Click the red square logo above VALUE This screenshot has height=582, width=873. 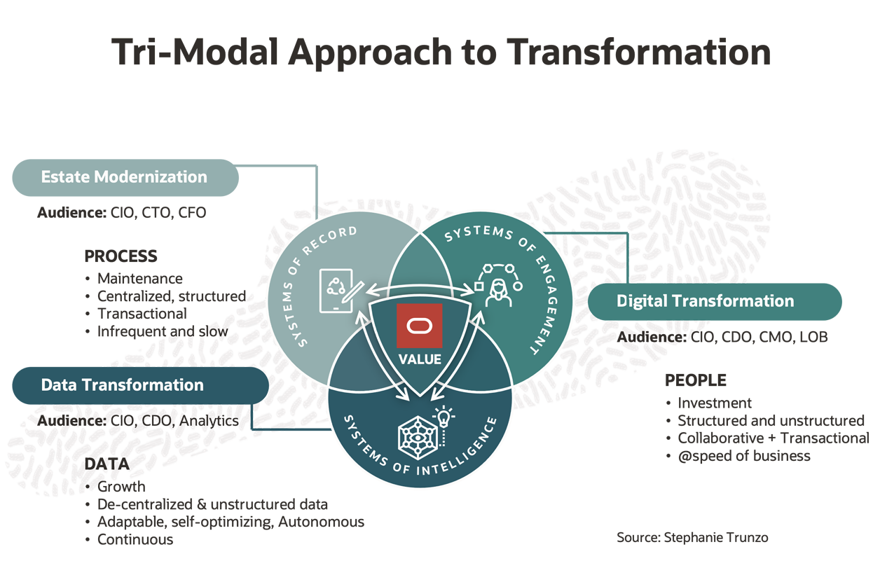click(x=419, y=326)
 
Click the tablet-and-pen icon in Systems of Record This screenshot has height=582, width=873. click(x=339, y=288)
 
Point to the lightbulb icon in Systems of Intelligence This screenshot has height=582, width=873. click(x=444, y=418)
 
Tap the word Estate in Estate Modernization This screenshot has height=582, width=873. click(x=64, y=176)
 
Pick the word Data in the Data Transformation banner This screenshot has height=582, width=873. click(x=58, y=384)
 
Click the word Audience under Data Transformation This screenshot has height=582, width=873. click(x=65, y=420)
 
